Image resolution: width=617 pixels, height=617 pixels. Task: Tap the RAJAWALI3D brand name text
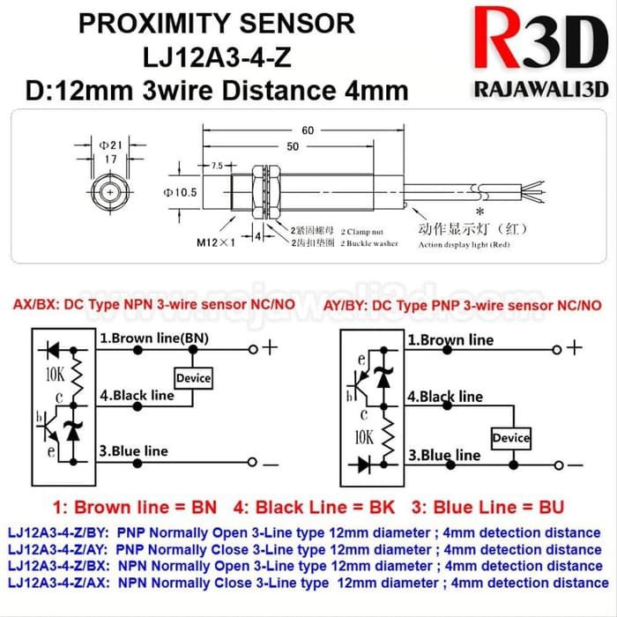click(536, 89)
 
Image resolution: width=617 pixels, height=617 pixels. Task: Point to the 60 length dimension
click(308, 130)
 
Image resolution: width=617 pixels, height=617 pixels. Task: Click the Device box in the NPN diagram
click(193, 378)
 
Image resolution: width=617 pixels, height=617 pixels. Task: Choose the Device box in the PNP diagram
click(511, 438)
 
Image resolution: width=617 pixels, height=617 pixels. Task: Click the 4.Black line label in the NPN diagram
click(137, 396)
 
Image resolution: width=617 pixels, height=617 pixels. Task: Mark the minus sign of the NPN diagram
click(270, 463)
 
